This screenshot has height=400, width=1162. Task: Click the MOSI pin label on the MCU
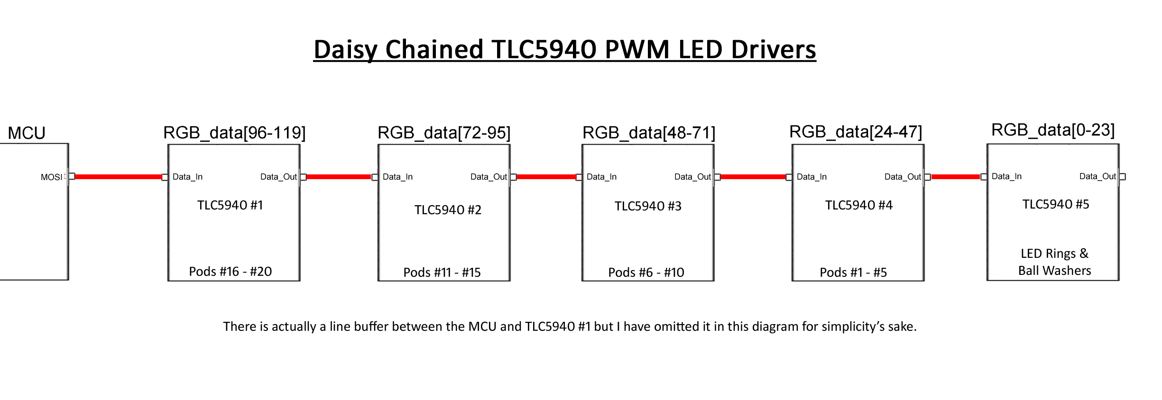point(51,177)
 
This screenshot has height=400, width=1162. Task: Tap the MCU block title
point(27,133)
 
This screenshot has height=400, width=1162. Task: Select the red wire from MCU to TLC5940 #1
point(118,177)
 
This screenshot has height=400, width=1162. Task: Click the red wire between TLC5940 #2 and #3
point(546,177)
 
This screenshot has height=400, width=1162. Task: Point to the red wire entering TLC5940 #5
point(955,177)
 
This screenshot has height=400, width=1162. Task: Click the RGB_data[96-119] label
point(234,133)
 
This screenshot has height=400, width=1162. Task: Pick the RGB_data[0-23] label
point(1053,130)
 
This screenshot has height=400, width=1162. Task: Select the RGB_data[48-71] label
point(648,133)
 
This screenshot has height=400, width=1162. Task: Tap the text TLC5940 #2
point(448,210)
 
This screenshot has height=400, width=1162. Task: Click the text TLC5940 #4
point(858,205)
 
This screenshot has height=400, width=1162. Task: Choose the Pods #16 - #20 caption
point(230,272)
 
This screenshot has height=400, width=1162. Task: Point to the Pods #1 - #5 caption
point(853,273)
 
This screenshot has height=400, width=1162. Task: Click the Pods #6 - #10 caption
point(646,273)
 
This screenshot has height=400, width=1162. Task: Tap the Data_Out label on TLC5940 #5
point(1097,176)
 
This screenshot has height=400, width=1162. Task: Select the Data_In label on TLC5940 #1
point(187,177)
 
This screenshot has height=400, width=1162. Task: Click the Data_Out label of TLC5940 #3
point(692,177)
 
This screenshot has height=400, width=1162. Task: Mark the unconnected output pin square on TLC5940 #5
point(1122,177)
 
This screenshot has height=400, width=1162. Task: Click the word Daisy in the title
point(346,49)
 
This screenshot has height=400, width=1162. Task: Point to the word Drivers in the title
point(773,49)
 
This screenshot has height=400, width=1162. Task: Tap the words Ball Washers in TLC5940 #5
point(1054,271)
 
